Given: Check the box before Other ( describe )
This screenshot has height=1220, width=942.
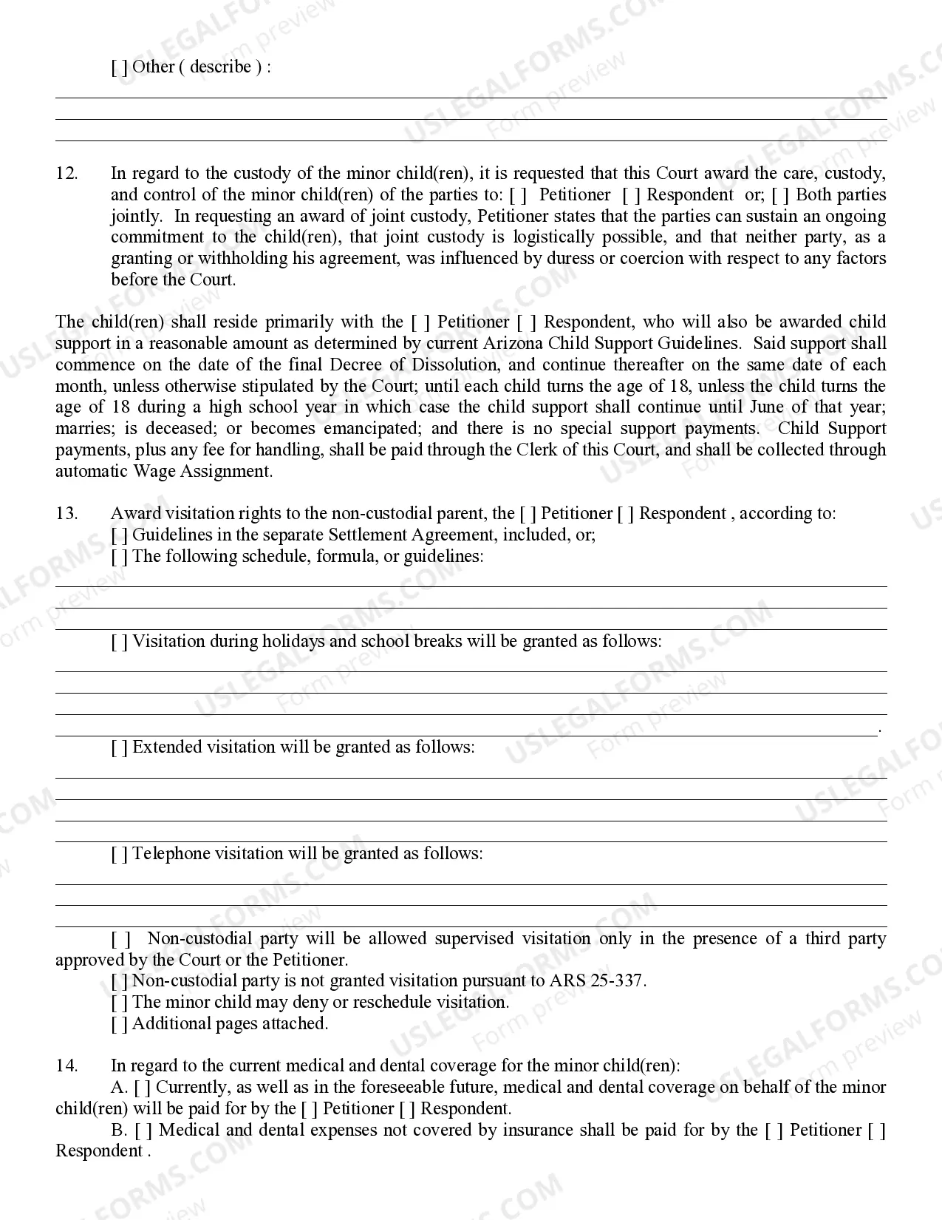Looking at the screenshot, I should click(x=119, y=67).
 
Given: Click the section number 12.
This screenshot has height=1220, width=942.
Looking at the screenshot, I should click(x=66, y=174).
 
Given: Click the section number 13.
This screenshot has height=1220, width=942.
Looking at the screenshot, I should click(x=66, y=514).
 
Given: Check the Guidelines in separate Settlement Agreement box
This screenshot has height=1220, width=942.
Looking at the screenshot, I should click(x=119, y=535).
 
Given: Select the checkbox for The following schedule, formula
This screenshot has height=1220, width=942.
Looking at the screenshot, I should click(x=119, y=557).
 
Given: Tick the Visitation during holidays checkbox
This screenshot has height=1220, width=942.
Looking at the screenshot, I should click(x=119, y=642).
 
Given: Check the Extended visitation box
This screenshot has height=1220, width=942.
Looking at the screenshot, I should click(x=119, y=748).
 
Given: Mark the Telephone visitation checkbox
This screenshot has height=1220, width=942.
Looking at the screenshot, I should click(x=119, y=854).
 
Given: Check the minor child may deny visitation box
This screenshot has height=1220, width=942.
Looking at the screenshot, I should click(x=119, y=1003).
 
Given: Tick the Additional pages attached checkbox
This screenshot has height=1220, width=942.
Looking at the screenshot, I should click(x=119, y=1024).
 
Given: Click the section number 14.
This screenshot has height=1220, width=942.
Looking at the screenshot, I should click(x=66, y=1066).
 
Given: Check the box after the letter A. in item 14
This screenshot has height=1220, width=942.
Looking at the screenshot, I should click(x=143, y=1088).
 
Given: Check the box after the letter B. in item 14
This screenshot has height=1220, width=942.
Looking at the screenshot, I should click(x=143, y=1131).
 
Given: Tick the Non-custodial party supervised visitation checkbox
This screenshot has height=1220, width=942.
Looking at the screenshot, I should click(x=120, y=939).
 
